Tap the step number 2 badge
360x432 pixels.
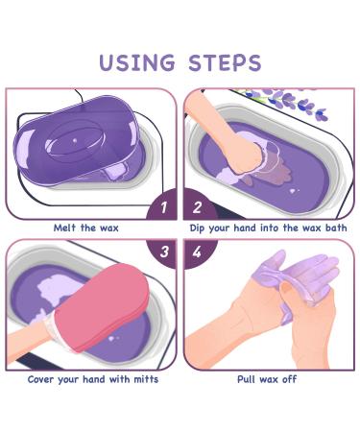coord(198,206)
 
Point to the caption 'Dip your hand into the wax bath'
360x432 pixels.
coord(268,228)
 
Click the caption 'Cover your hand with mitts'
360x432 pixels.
coord(93,380)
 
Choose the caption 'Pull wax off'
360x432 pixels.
coord(267,380)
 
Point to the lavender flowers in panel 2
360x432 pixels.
coord(288,99)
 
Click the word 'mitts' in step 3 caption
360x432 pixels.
coord(142,380)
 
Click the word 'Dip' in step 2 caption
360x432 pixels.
coord(200,228)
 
